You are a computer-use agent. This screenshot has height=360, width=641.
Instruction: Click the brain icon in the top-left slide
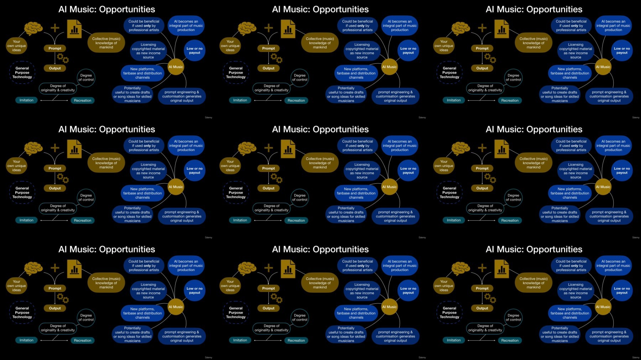(33, 28)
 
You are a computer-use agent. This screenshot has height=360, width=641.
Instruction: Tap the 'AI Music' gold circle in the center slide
(390, 187)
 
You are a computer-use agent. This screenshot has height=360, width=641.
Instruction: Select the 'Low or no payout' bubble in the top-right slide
(622, 51)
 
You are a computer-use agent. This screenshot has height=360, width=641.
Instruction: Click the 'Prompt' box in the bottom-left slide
(55, 288)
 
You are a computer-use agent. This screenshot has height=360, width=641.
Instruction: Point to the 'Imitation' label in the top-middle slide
(240, 100)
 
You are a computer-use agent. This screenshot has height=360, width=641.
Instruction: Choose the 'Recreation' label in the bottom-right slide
(510, 340)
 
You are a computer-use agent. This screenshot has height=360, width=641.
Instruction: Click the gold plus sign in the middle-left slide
(55, 148)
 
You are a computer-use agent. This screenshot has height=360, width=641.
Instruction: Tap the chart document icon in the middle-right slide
(501, 149)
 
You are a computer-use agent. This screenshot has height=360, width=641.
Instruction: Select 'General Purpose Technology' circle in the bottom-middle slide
(236, 313)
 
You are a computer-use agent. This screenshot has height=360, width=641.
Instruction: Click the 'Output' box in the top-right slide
(482, 68)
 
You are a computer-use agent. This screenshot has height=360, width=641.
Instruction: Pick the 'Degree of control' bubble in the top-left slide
(86, 78)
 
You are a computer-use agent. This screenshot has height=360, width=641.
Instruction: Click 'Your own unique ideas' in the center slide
(230, 166)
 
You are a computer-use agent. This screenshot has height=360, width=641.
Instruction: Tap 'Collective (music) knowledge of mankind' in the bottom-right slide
(533, 283)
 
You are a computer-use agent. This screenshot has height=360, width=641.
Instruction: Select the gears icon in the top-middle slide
(276, 58)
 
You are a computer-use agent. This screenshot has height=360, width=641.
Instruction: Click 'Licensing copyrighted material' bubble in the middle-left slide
(148, 171)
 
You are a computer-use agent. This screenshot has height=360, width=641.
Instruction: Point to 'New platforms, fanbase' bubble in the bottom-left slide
(142, 313)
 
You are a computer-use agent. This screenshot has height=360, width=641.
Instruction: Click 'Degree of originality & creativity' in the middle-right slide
(485, 208)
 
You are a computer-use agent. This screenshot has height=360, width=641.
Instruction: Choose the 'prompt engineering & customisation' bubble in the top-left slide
(182, 96)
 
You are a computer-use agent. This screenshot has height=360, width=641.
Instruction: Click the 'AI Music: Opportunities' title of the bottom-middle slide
(320, 249)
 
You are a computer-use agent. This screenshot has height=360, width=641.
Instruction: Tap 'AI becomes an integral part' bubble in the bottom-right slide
(613, 266)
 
